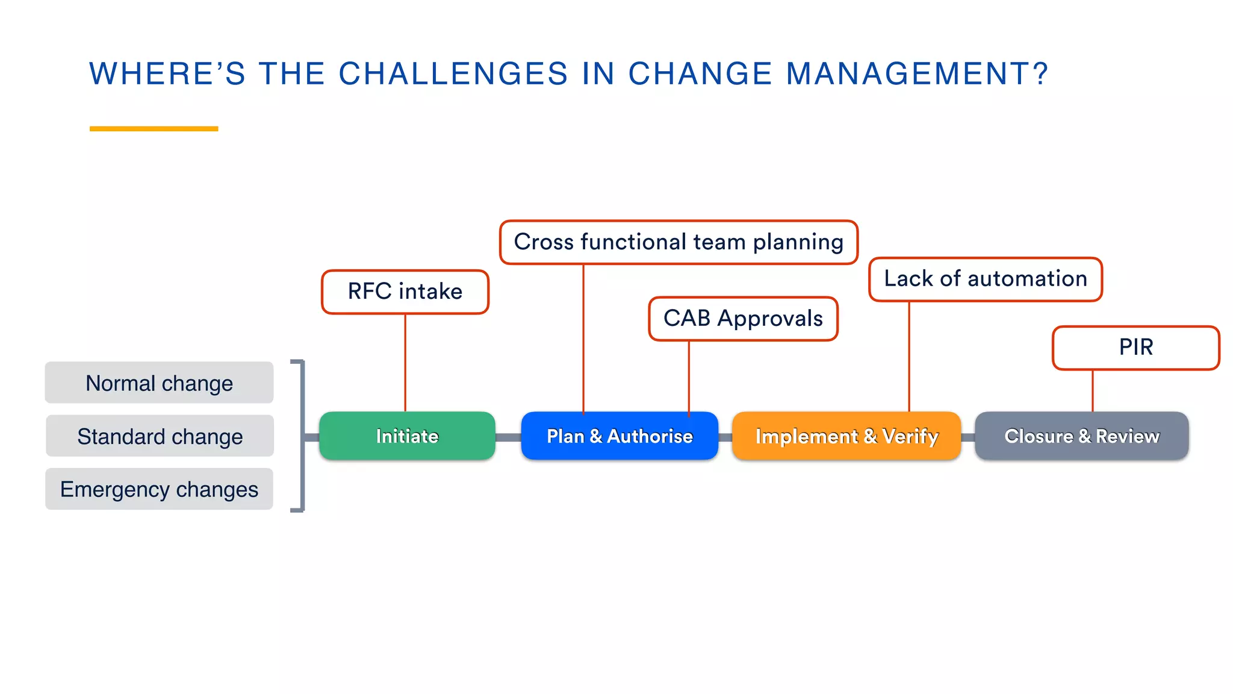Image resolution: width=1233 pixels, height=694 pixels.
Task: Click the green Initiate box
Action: (407, 436)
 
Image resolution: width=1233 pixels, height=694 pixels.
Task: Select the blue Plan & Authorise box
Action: (620, 436)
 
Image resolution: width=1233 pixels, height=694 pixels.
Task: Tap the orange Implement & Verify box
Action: (846, 436)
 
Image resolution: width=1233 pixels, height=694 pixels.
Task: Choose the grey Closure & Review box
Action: (1081, 436)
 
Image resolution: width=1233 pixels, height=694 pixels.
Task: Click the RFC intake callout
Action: (405, 292)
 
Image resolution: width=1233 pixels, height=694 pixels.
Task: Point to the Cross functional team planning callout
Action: (679, 242)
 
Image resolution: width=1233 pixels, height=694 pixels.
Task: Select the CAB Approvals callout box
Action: (743, 319)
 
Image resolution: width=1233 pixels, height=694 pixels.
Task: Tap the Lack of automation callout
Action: (986, 279)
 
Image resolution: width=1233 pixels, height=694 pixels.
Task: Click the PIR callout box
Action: (1135, 348)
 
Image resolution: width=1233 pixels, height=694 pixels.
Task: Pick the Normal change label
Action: (159, 383)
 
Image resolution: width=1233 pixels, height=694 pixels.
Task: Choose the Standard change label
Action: (160, 436)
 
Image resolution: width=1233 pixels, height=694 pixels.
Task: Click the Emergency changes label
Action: (159, 489)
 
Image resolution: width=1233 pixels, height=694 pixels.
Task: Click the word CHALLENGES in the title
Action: (453, 74)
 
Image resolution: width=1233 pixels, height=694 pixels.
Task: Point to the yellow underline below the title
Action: (154, 128)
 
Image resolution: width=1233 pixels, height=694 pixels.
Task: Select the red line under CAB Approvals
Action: (689, 377)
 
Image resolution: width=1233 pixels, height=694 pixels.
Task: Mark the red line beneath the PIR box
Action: (1093, 390)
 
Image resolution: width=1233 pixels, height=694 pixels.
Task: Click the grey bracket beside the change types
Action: (302, 436)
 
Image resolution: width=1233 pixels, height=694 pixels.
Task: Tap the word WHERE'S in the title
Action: (167, 74)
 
